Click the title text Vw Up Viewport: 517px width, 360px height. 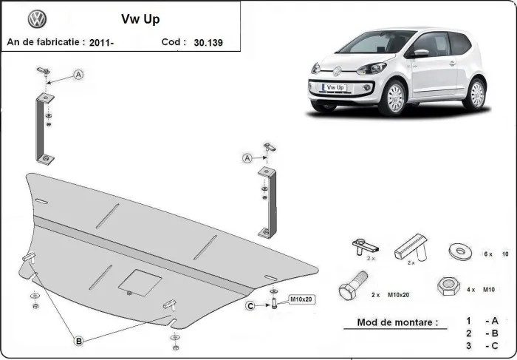click(x=140, y=19)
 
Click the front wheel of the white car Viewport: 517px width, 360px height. click(x=396, y=98)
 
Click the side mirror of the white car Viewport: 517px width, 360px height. click(x=420, y=53)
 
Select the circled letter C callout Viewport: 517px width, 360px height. click(x=250, y=306)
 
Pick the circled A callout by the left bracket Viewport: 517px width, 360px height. click(x=78, y=75)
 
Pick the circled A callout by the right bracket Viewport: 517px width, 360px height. click(x=247, y=157)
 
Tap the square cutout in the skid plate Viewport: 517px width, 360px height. click(x=140, y=282)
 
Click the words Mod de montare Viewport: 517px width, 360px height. click(x=397, y=322)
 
